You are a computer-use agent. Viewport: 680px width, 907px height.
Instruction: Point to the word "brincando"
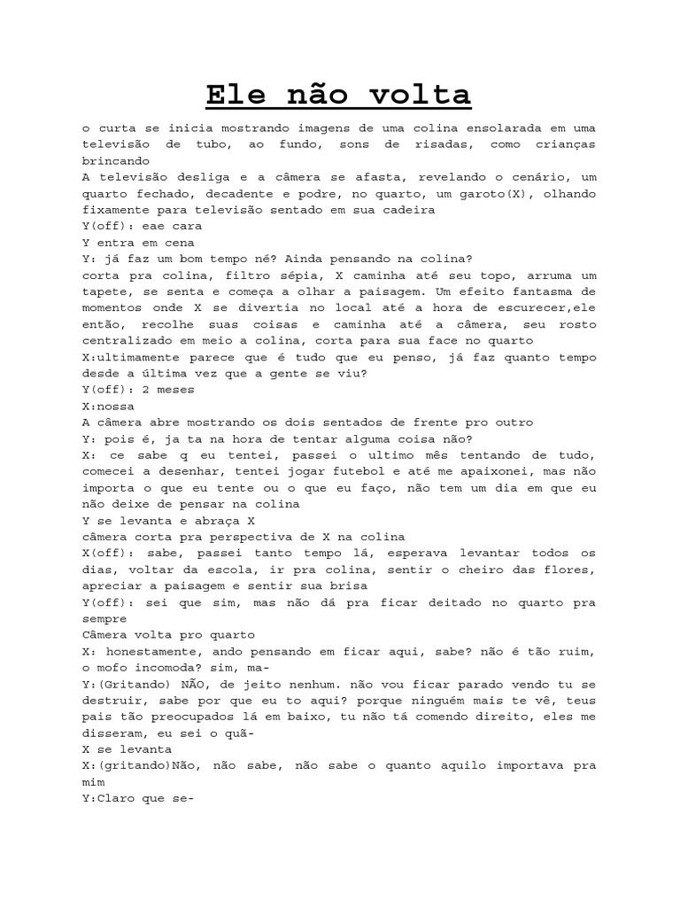pyautogui.click(x=118, y=161)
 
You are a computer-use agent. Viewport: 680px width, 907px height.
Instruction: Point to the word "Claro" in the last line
pyautogui.click(x=118, y=796)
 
